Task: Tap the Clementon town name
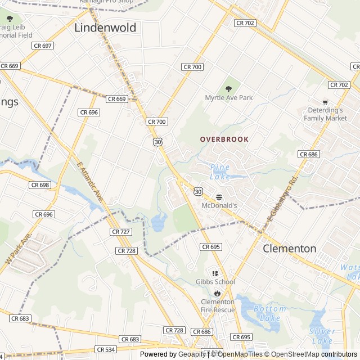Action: pyautogui.click(x=290, y=248)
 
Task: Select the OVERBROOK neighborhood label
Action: pyautogui.click(x=224, y=139)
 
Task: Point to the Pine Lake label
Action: pyautogui.click(x=219, y=172)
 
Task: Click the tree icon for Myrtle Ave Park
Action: pyautogui.click(x=228, y=88)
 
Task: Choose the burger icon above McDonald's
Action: pyautogui.click(x=219, y=197)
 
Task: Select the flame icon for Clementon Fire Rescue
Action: pyautogui.click(x=217, y=293)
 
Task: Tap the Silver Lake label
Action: pyautogui.click(x=321, y=336)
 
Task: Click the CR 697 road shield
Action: pyautogui.click(x=43, y=46)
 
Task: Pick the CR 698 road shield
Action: pyautogui.click(x=40, y=184)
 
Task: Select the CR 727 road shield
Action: pyautogui.click(x=121, y=231)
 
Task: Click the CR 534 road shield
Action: pyautogui.click(x=106, y=349)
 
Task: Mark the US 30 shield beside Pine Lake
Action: pyautogui.click(x=198, y=192)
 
